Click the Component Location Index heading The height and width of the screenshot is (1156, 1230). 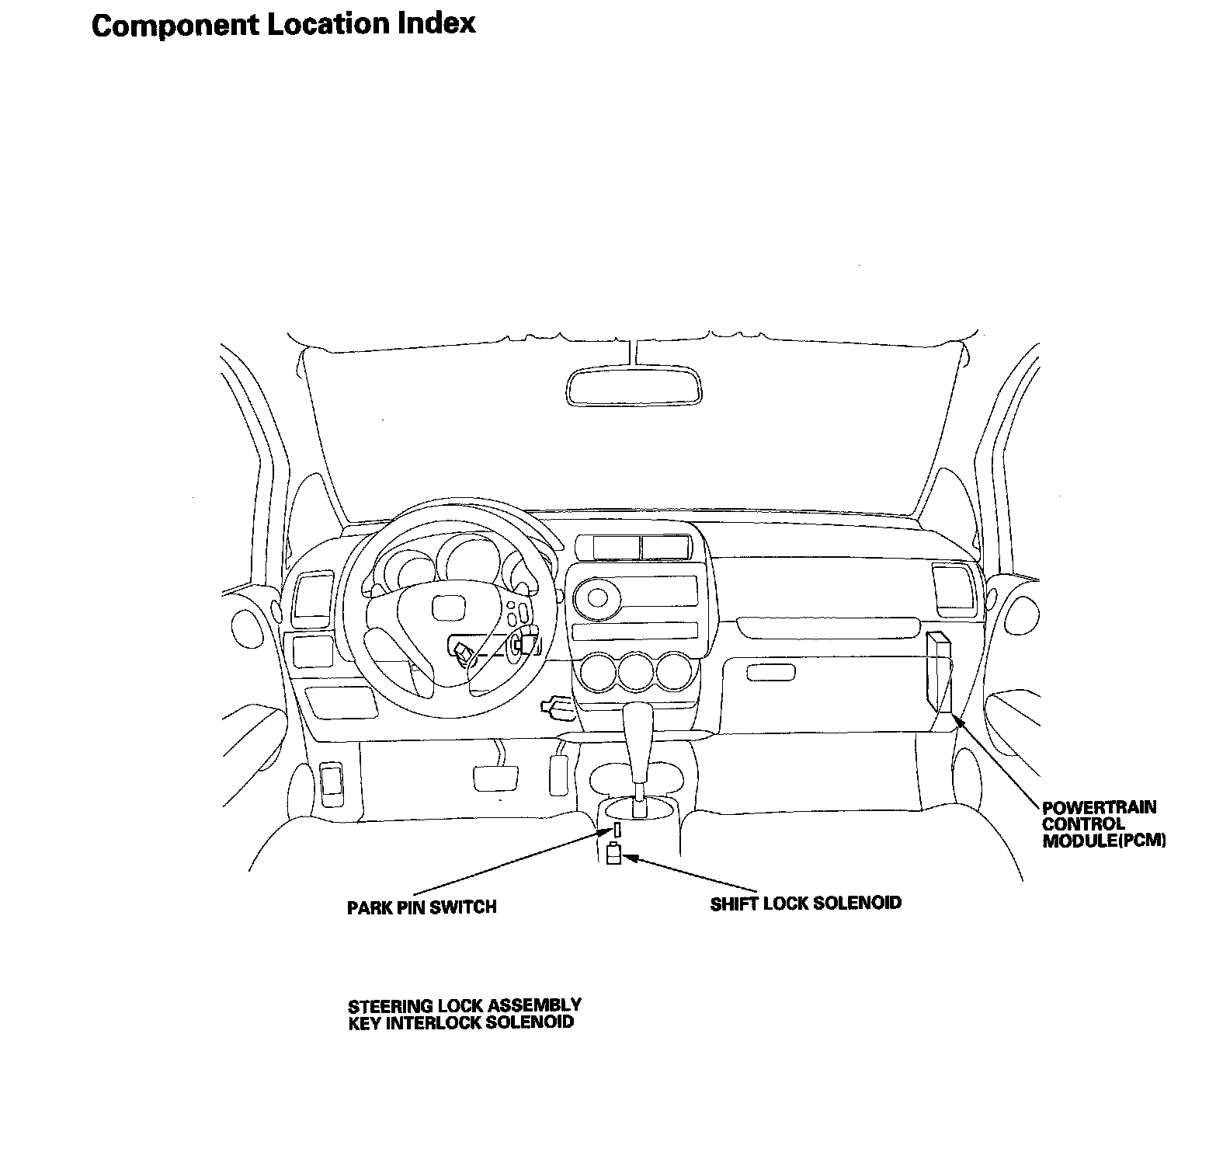click(x=283, y=25)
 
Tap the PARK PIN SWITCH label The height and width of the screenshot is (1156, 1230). click(x=421, y=907)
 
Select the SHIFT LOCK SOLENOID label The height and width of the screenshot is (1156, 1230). click(x=805, y=903)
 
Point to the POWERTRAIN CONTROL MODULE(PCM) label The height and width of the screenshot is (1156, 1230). click(x=1103, y=823)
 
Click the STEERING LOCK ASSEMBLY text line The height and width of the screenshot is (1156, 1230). click(x=464, y=1006)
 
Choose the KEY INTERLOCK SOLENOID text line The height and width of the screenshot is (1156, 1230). click(x=460, y=1022)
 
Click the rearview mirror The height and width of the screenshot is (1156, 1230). click(x=634, y=386)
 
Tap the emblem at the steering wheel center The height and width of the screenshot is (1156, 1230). click(x=446, y=607)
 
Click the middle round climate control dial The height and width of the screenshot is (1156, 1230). click(x=636, y=670)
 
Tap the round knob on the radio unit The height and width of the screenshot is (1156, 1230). click(x=598, y=597)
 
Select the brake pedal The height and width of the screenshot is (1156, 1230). click(x=495, y=778)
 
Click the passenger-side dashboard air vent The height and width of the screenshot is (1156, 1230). click(x=951, y=587)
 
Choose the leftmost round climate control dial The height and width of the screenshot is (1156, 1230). click(x=599, y=670)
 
